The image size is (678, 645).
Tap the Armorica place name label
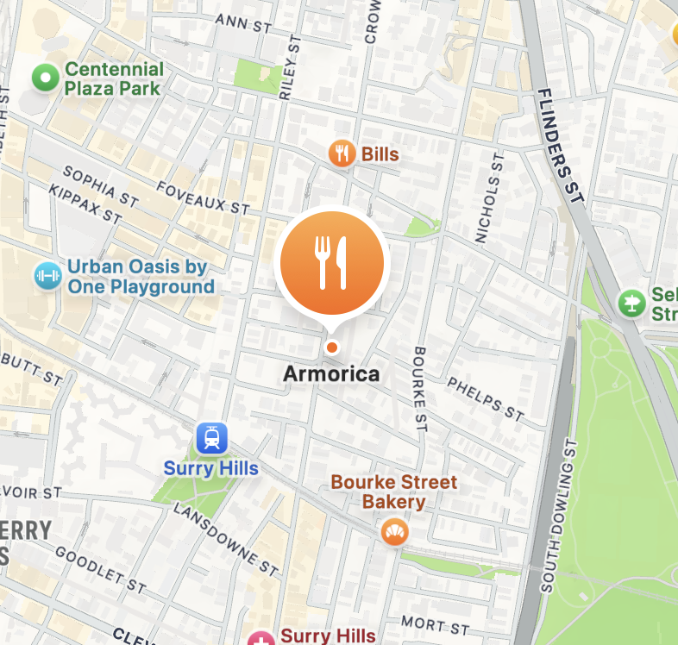point(331,374)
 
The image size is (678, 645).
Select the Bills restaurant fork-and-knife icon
point(342,153)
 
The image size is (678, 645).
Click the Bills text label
point(380,154)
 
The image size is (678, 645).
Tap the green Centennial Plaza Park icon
point(43,79)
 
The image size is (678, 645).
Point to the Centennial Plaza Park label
point(113,78)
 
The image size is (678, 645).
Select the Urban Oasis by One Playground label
point(141,277)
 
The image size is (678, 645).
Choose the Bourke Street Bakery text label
point(394,492)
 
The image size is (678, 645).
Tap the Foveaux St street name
point(205,196)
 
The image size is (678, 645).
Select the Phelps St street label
point(486,399)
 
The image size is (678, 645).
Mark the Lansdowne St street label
point(225,538)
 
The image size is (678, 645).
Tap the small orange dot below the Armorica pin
point(331,347)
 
